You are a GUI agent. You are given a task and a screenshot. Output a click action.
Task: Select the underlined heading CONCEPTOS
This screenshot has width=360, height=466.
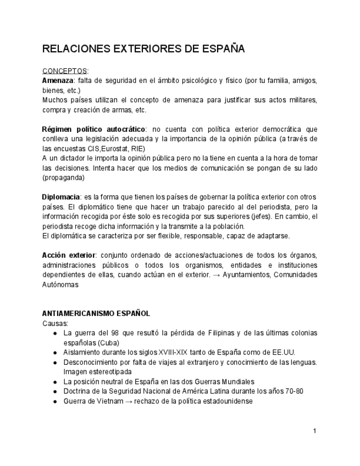[64, 71]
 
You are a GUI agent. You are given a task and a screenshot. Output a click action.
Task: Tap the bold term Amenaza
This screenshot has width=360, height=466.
[58, 81]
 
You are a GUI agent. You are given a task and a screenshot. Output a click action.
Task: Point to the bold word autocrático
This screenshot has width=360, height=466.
[118, 129]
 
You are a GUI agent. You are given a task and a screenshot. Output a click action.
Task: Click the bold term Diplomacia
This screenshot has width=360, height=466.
[61, 197]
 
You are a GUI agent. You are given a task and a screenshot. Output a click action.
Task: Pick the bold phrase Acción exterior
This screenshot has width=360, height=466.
[69, 256]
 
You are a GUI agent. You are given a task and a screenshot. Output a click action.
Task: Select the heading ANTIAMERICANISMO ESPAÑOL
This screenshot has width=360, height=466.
[96, 314]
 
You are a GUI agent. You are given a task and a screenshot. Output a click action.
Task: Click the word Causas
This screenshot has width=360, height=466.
[55, 323]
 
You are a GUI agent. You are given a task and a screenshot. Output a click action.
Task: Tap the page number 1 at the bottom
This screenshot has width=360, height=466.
[314, 431]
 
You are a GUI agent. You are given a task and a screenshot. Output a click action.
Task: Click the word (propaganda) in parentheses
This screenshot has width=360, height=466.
[63, 178]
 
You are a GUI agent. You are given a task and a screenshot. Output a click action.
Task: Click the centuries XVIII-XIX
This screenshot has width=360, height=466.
[177, 352]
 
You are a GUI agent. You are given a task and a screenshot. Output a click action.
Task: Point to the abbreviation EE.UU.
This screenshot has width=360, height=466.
[283, 352]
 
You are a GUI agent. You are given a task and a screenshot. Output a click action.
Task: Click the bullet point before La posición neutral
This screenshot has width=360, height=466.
[55, 381]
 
